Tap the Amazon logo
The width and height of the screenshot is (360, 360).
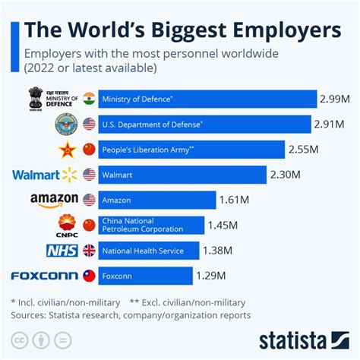(x=55, y=200)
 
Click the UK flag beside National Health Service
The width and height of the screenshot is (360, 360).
(x=89, y=250)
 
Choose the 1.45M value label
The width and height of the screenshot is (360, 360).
(x=227, y=225)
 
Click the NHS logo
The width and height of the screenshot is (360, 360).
(x=62, y=250)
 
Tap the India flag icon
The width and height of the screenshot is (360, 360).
(x=89, y=99)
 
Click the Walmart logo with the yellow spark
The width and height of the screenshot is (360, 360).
(x=46, y=175)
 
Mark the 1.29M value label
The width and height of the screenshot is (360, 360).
(x=215, y=276)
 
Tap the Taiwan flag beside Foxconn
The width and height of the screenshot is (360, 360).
(x=89, y=276)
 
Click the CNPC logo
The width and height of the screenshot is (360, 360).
(x=67, y=225)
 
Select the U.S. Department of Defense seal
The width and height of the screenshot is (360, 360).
(x=67, y=125)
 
